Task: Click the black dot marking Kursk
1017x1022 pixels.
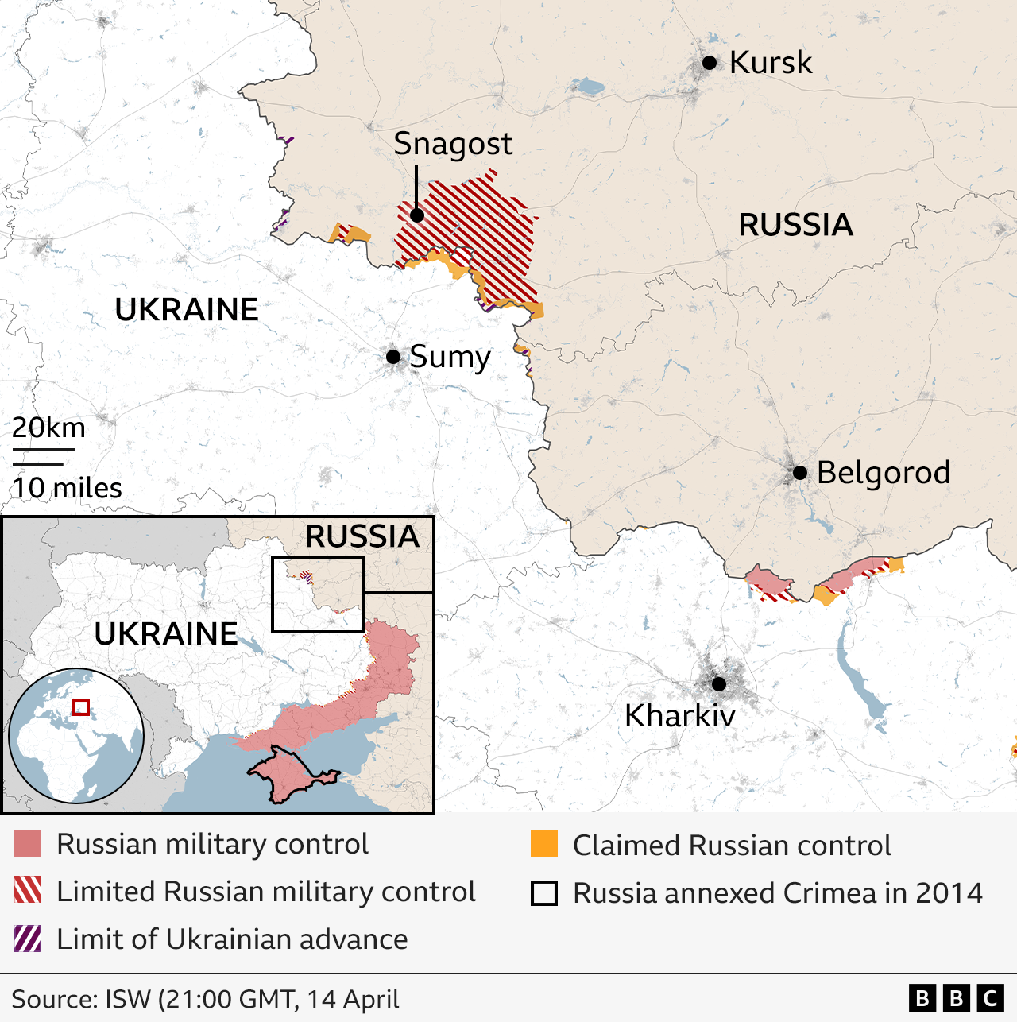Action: click(710, 63)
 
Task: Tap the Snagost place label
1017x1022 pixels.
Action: click(453, 144)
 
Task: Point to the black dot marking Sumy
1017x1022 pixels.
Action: click(393, 357)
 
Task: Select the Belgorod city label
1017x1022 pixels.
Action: click(883, 473)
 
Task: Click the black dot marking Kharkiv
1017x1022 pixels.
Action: click(719, 684)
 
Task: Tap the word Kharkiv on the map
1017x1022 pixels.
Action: click(680, 716)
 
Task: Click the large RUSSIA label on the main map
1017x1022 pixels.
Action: click(795, 225)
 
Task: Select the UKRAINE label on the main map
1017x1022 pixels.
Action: click(187, 310)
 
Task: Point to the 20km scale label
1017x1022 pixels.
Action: click(48, 428)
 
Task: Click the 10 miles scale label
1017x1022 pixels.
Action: click(68, 488)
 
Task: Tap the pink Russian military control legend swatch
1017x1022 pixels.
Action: click(28, 844)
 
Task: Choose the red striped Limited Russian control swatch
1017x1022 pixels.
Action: click(28, 891)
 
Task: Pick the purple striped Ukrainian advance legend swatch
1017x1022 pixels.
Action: click(28, 939)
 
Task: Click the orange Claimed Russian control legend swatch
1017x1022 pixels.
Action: click(544, 844)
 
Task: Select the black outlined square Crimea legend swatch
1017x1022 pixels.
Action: click(544, 893)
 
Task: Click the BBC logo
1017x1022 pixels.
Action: click(956, 998)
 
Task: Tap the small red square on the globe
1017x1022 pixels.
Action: click(81, 707)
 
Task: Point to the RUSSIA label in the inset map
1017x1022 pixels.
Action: click(362, 536)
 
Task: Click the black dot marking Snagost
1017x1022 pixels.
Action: click(417, 215)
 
